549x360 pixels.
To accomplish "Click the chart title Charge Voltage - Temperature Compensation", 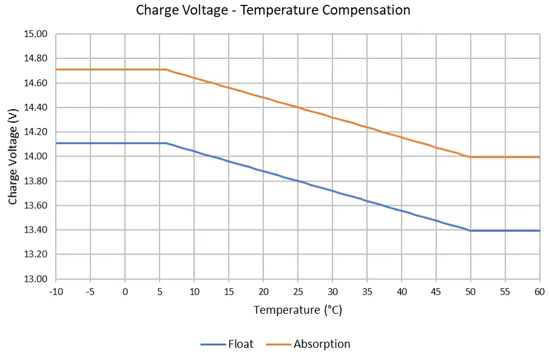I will point(273,10).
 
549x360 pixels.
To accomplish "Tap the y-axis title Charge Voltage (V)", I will point(13,157).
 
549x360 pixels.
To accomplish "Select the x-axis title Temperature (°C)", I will point(297,310).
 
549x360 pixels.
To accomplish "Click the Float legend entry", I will point(240,344).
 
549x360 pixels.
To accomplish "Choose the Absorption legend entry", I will point(322,344).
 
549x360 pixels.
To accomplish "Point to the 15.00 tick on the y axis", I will point(35,34).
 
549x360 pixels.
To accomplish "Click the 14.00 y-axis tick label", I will point(35,157).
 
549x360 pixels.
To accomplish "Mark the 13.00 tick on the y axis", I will point(35,279).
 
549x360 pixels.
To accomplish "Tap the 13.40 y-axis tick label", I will point(35,230).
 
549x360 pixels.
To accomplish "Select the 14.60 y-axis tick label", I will point(35,83).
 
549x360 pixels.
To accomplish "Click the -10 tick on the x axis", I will point(55,291).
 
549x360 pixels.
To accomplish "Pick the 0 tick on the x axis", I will point(125,291).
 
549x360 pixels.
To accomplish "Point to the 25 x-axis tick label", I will point(298,291).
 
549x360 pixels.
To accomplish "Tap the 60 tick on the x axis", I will point(540,291).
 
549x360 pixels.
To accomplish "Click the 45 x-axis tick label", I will point(436,291).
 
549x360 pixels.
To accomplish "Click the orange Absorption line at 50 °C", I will point(471,157).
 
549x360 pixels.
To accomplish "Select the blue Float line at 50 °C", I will point(471,231).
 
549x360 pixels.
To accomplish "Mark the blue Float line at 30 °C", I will point(332,191).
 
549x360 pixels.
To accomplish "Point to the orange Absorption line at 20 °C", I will point(263,97).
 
